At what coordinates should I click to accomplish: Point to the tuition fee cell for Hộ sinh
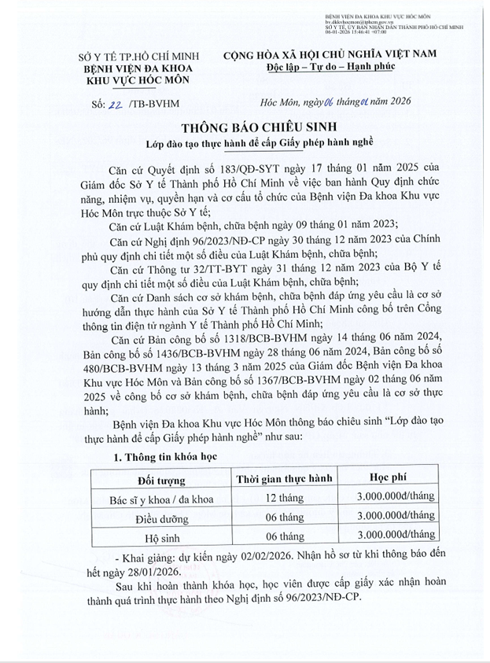[x=395, y=535]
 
